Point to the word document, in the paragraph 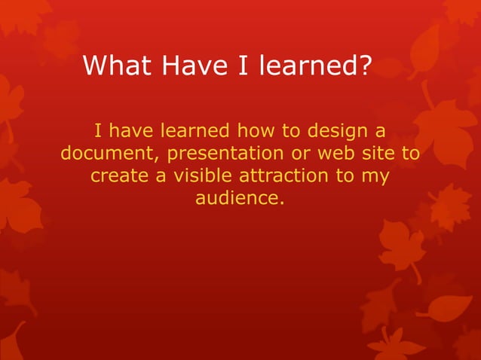pos(110,154)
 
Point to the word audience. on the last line pos(240,200)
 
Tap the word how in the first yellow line pos(259,132)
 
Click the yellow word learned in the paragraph pos(196,132)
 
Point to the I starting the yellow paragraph pos(98,132)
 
